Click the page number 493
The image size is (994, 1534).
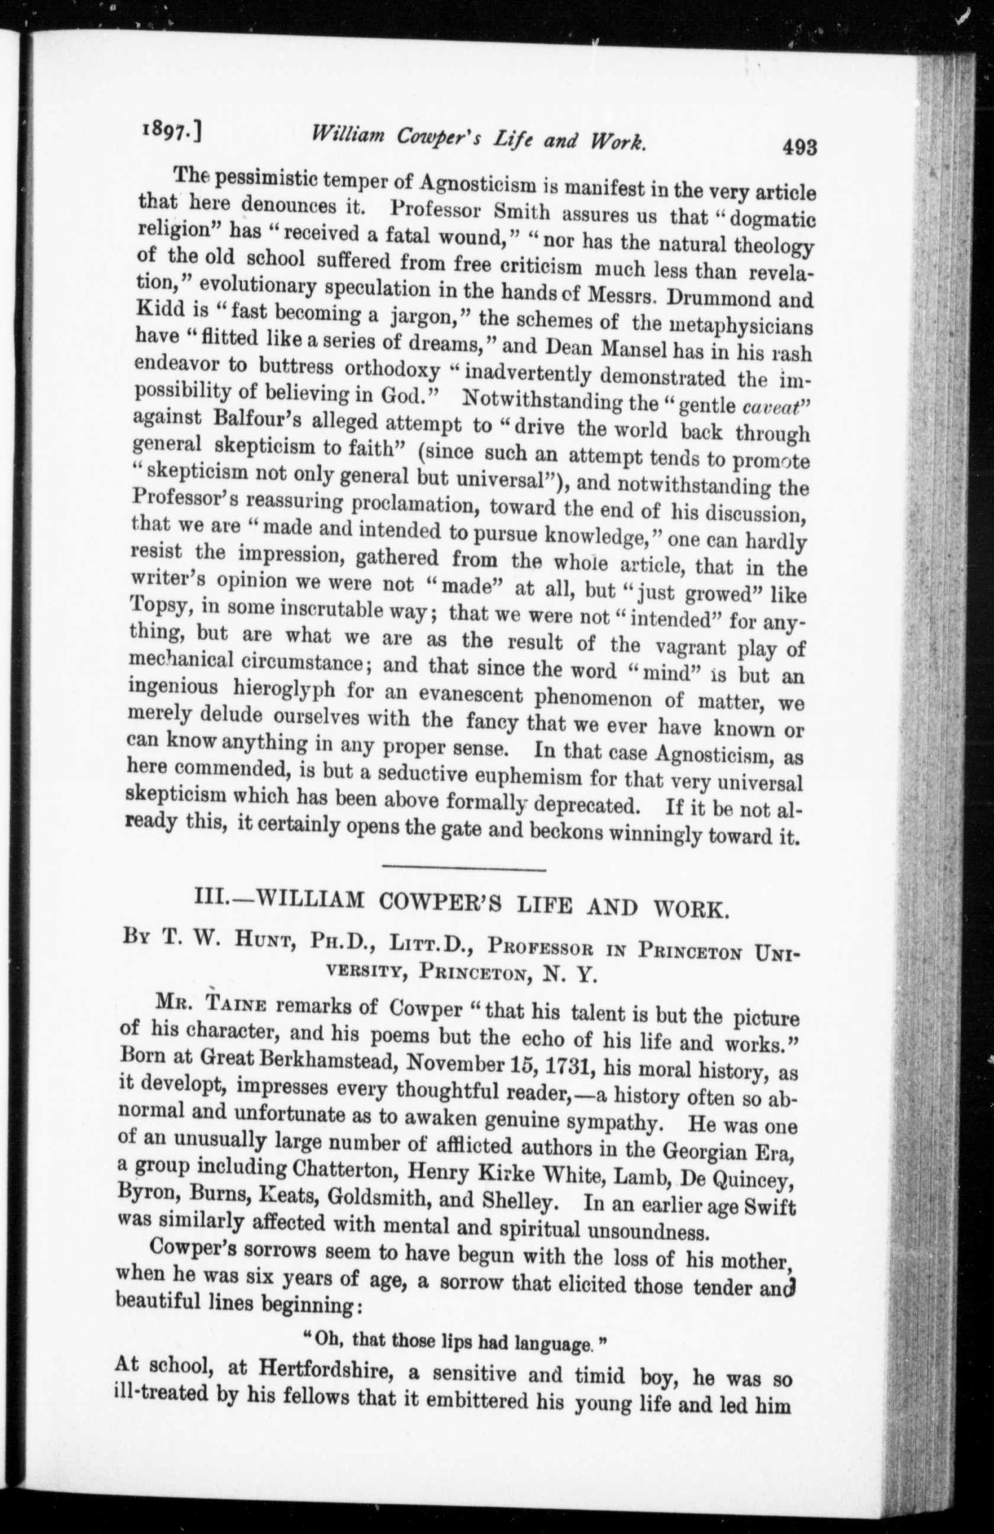(x=799, y=147)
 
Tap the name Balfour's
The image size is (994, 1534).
(x=241, y=423)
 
